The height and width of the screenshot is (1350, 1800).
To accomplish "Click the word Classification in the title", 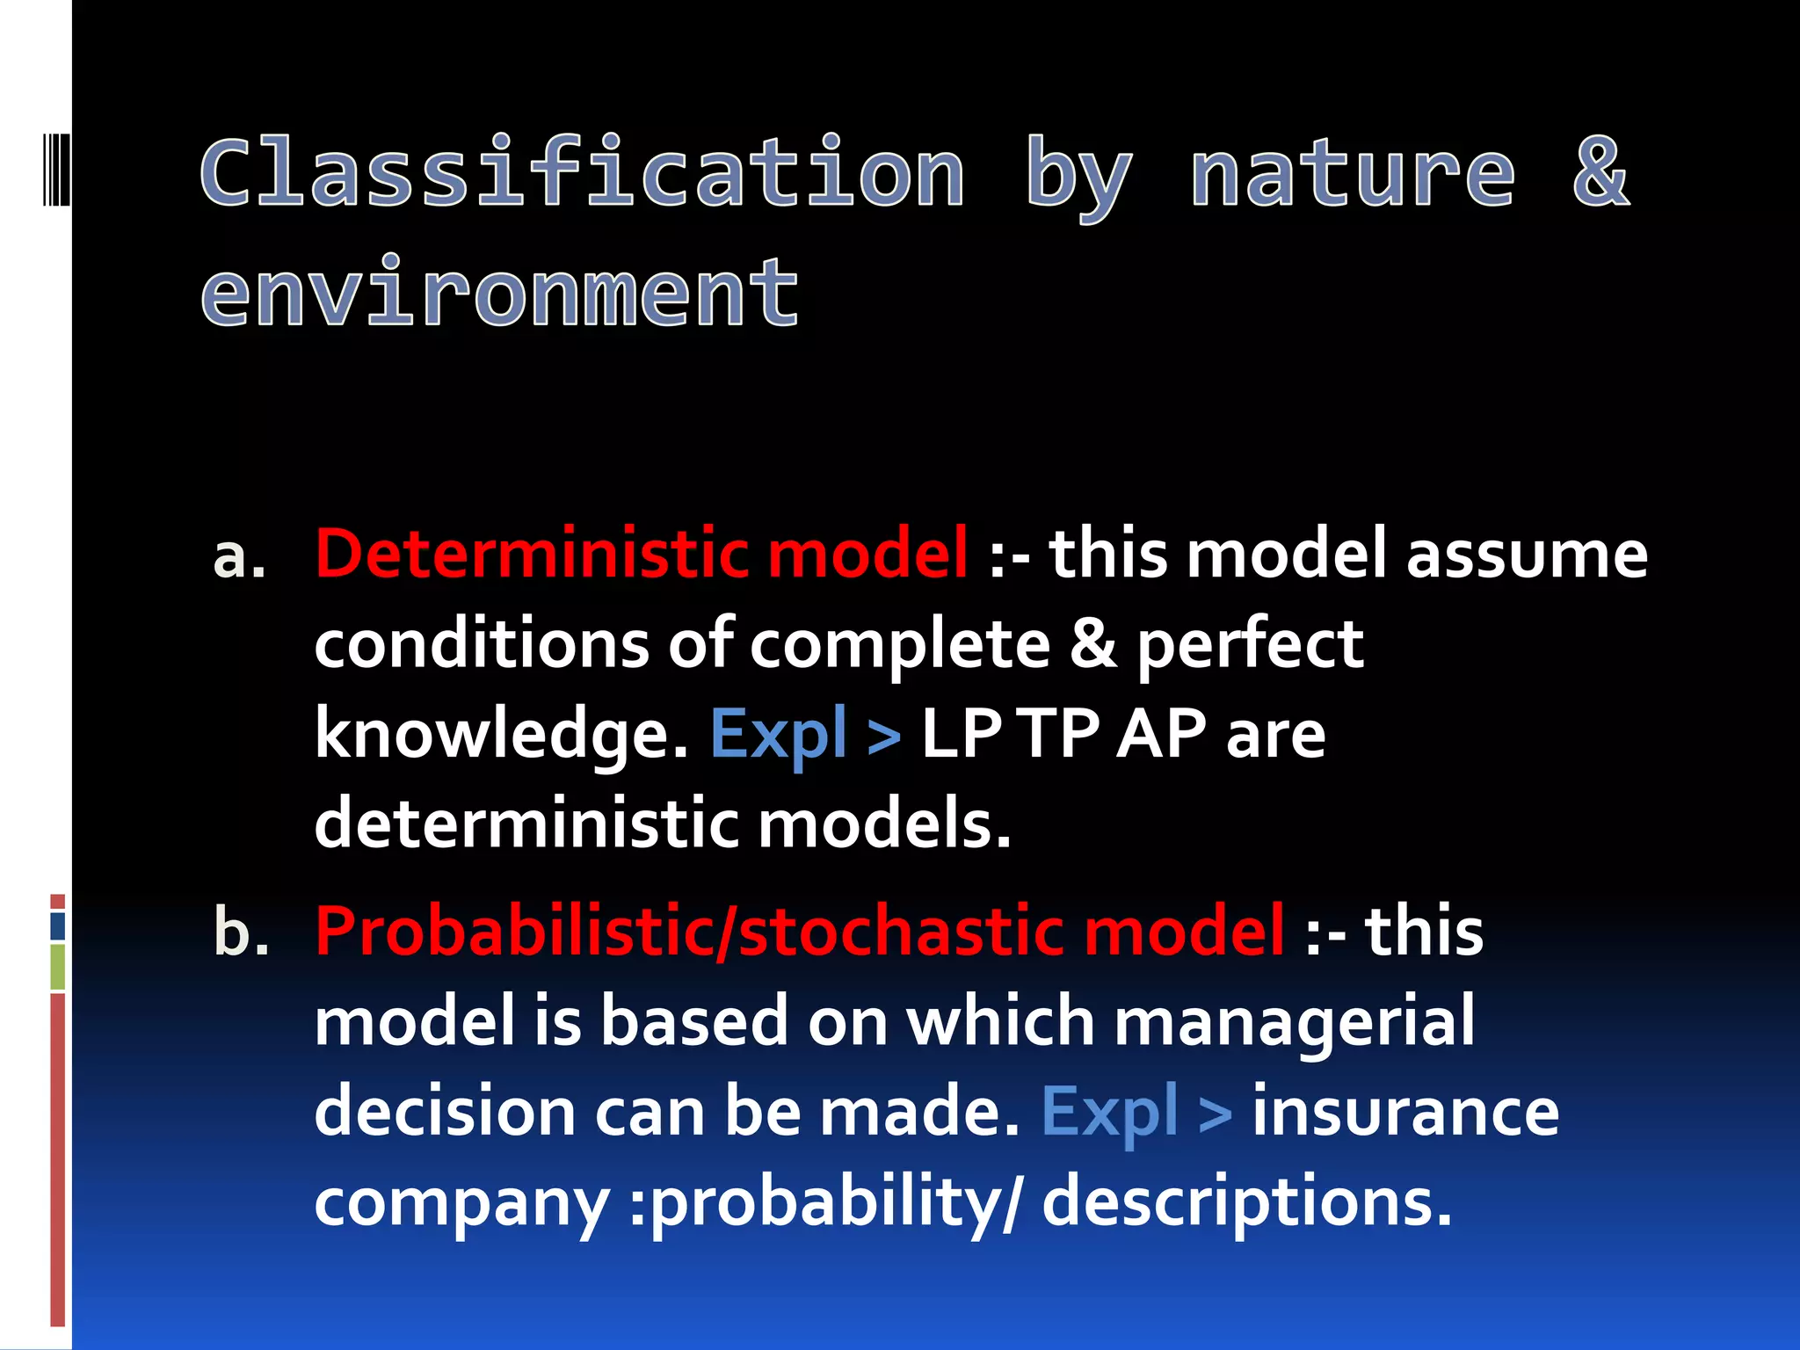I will coord(583,173).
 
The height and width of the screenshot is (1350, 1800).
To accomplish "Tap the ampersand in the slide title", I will coord(1600,173).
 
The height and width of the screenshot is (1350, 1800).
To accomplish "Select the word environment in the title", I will coord(500,293).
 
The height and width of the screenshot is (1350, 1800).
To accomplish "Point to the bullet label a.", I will coord(239,557).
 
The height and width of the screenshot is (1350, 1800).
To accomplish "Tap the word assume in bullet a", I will coord(1527,555).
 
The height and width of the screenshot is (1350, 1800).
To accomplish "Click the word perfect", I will coord(1250,644).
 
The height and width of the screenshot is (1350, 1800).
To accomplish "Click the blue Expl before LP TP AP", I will coord(779,735).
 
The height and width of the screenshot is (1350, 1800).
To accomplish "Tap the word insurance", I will coord(1404,1113).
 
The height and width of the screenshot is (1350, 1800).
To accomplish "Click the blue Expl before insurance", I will coord(1109,1113).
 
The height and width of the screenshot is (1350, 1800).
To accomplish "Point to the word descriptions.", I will coord(1245,1202).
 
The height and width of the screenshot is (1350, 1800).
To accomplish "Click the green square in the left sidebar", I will coord(58,966).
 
